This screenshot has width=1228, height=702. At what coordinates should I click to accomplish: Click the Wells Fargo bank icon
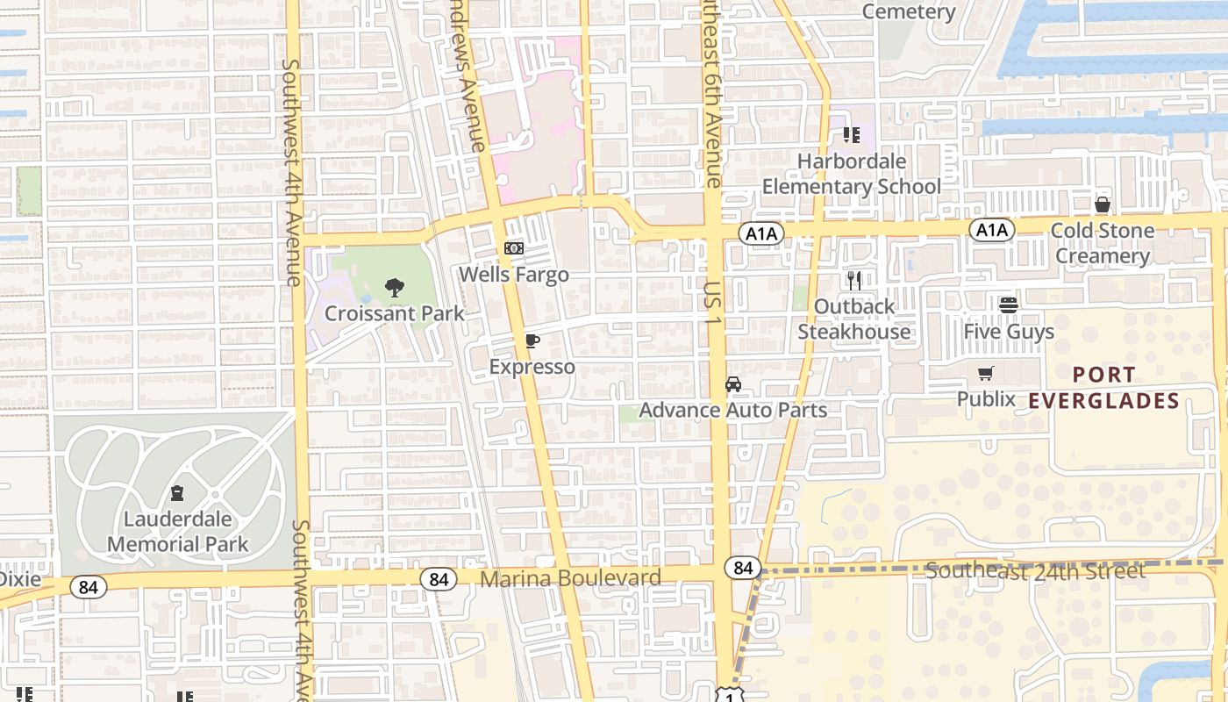tap(514, 249)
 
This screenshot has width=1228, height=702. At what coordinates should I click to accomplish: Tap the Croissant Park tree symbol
tap(395, 287)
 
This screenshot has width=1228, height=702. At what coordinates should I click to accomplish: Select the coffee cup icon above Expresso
tap(532, 341)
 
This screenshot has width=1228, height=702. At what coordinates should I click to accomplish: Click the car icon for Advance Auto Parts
tap(732, 384)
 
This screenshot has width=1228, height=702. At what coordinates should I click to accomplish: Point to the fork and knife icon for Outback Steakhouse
tap(853, 281)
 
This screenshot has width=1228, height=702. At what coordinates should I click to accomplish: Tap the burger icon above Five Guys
tap(1008, 305)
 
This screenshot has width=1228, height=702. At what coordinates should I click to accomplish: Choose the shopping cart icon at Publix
tap(986, 374)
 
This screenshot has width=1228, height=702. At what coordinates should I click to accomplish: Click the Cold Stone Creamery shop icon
tap(1102, 205)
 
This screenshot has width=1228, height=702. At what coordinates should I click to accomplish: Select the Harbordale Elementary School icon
tap(851, 135)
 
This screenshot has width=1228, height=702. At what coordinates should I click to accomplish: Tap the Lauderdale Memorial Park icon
tap(177, 493)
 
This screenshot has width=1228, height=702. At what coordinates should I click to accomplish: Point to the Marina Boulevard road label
tap(570, 578)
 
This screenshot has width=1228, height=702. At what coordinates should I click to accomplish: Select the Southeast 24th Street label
tap(1035, 571)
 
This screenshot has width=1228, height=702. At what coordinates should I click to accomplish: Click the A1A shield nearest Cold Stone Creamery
tap(992, 230)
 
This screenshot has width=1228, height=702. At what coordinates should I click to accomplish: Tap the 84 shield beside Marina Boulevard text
tap(439, 579)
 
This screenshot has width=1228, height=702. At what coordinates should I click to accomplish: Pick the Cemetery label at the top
tap(908, 11)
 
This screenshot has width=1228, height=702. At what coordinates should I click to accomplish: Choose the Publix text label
tap(986, 399)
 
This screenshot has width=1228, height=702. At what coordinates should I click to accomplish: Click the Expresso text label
tap(532, 367)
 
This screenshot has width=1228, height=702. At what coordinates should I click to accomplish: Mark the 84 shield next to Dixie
tap(88, 587)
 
